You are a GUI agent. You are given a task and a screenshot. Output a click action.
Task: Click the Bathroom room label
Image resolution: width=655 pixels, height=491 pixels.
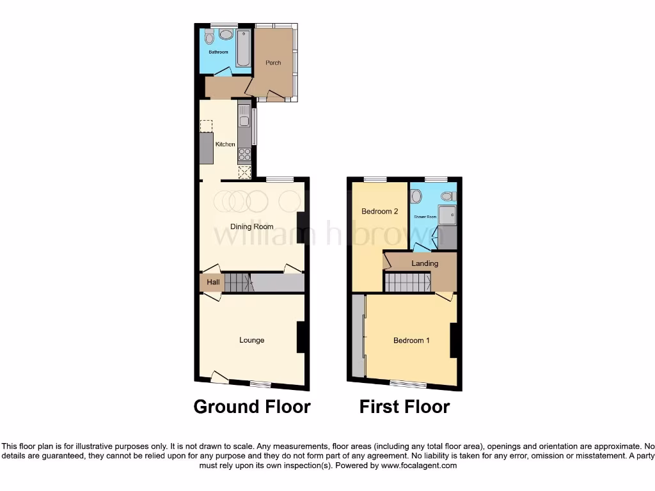[x=218, y=52]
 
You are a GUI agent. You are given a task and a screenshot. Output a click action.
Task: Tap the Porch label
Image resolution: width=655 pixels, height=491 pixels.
[x=273, y=63]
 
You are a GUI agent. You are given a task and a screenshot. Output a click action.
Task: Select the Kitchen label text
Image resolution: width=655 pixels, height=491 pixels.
[x=225, y=144]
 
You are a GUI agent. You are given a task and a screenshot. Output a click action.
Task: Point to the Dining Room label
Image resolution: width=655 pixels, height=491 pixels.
[x=252, y=226]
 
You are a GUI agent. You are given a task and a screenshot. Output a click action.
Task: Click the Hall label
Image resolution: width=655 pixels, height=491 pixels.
[x=213, y=282]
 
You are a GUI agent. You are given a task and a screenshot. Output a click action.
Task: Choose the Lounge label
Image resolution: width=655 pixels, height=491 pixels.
[x=252, y=340]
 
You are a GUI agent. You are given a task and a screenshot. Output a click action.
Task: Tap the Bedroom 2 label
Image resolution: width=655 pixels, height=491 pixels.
[x=380, y=212]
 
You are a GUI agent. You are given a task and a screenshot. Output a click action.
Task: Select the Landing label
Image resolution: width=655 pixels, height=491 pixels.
[x=425, y=263]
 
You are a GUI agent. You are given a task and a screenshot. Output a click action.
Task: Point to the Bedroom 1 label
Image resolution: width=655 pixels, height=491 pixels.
[x=411, y=341]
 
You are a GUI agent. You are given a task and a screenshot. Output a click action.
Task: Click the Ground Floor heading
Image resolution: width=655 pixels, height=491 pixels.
[x=252, y=407]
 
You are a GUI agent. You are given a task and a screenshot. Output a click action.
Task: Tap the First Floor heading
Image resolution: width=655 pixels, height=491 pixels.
[x=404, y=407]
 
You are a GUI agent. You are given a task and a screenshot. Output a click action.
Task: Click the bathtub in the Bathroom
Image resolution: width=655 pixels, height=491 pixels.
[x=244, y=48]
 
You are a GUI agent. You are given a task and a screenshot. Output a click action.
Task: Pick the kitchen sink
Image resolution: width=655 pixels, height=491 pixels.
[x=244, y=117]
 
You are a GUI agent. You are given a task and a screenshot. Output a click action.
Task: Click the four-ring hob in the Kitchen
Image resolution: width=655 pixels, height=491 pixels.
[x=244, y=153]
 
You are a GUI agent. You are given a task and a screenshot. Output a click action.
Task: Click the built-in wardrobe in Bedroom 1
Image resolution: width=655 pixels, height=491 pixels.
[x=358, y=337]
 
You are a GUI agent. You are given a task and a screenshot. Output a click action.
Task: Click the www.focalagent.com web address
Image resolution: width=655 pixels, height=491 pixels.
[x=419, y=466]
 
